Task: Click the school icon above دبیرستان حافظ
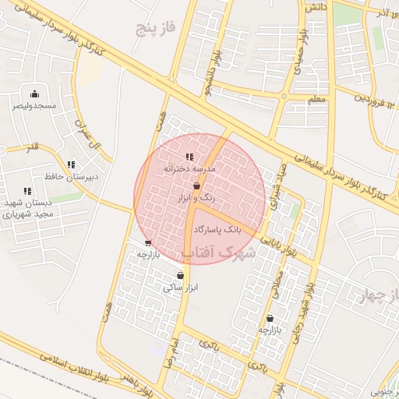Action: [x=72, y=164]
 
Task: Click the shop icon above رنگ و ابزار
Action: [x=196, y=186]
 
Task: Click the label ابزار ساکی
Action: [x=181, y=287]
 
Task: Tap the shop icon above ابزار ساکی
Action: [x=181, y=275]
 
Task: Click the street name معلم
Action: [x=316, y=100]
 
